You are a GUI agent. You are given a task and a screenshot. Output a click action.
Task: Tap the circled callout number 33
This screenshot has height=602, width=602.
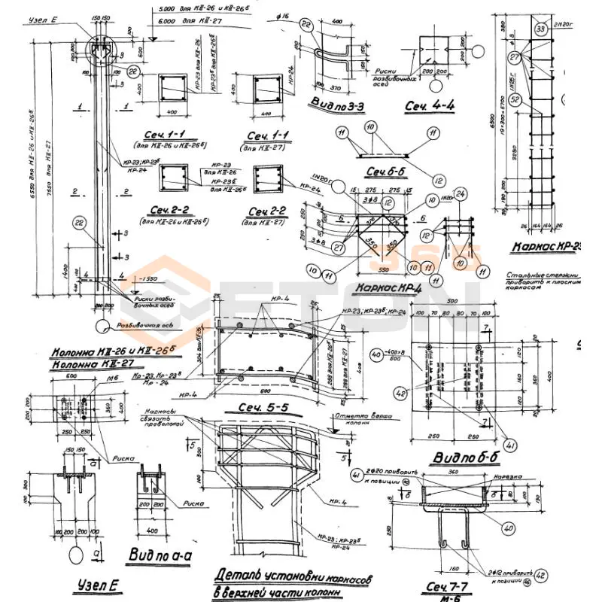click(x=540, y=29)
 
